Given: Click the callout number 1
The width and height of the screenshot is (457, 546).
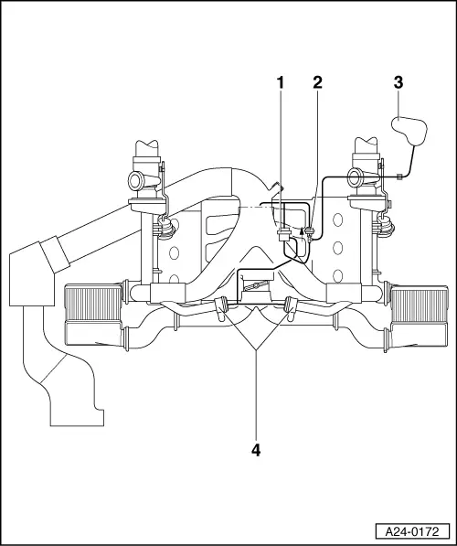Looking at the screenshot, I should click(x=282, y=82).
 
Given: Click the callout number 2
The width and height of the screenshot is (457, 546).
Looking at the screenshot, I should click(x=317, y=82).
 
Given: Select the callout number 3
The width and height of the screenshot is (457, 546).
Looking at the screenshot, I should click(x=398, y=82).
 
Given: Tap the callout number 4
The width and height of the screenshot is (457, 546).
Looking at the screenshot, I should click(x=257, y=450).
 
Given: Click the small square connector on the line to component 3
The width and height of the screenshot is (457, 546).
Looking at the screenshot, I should click(x=400, y=176).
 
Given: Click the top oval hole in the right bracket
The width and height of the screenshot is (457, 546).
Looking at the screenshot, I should click(x=338, y=219).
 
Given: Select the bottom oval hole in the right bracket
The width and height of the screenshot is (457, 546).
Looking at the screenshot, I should click(x=338, y=273).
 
